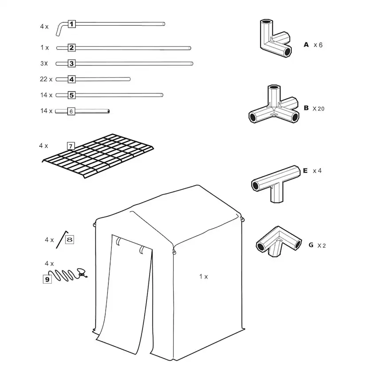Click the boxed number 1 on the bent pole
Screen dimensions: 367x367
72,24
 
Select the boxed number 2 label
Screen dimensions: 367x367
72,47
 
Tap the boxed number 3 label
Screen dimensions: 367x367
72,63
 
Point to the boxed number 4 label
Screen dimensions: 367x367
72,79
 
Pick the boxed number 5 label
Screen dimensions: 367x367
72,95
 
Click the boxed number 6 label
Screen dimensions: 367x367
71,111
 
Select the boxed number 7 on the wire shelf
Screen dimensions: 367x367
70,145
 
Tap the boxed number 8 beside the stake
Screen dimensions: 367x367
70,240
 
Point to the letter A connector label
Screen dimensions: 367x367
306,45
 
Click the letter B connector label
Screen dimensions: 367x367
306,108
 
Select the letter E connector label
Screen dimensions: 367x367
305,170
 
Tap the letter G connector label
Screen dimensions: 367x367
311,245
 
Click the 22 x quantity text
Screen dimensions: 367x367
46,79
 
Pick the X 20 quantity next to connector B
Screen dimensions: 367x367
318,108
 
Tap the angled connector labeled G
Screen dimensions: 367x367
277,242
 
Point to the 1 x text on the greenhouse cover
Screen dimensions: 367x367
203,277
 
